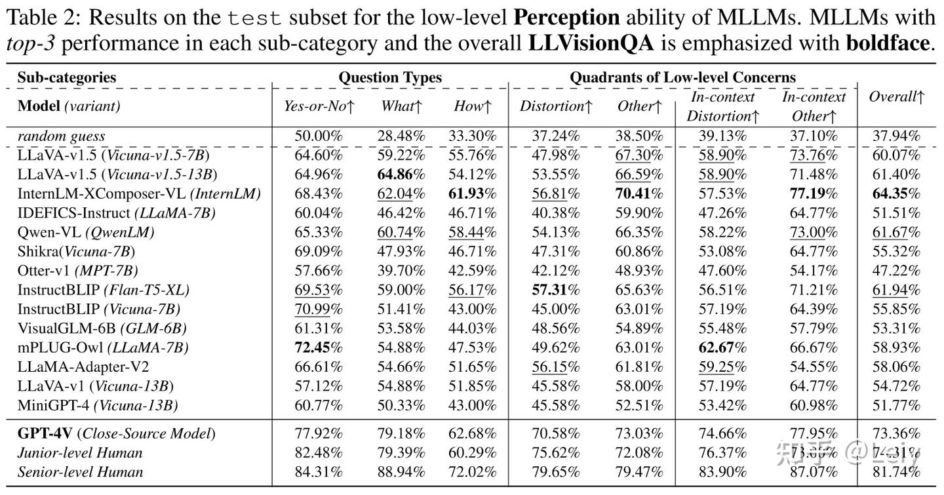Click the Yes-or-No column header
click(319, 106)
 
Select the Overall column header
click(896, 97)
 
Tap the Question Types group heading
click(390, 77)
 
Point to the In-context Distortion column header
click(723, 106)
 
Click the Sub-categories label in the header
click(66, 77)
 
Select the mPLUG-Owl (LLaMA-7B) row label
click(103, 347)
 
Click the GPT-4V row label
click(116, 433)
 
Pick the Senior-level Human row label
click(80, 471)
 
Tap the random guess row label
click(61, 137)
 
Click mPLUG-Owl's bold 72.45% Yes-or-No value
click(319, 347)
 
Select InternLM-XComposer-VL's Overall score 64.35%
click(896, 194)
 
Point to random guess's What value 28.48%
click(401, 137)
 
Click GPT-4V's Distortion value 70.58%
click(555, 433)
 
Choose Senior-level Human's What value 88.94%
click(401, 471)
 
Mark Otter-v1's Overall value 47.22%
click(896, 271)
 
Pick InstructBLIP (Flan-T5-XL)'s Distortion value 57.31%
click(555, 290)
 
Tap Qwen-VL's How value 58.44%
click(472, 233)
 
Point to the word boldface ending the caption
click(888, 44)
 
